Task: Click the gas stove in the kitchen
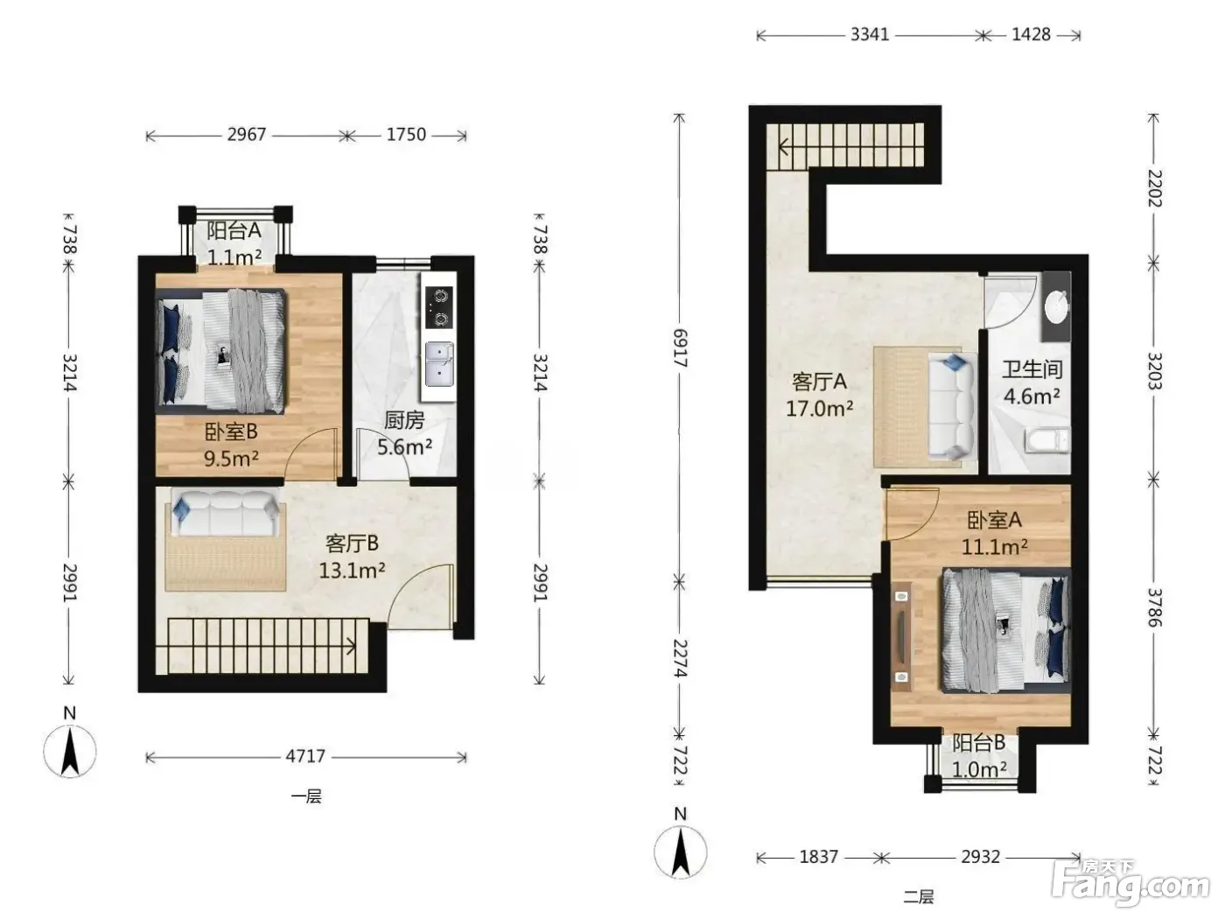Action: coord(438,307)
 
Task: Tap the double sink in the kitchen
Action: coord(439,365)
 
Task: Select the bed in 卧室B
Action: coord(221,352)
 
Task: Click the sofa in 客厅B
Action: coord(226,513)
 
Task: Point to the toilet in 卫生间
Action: coord(1046,440)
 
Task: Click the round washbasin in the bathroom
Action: coord(1056,306)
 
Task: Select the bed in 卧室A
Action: coord(1006,630)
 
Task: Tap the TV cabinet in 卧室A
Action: coord(901,636)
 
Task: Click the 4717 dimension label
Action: coord(304,756)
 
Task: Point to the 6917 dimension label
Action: coord(680,347)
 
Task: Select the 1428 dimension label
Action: coord(1031,35)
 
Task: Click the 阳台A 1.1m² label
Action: coord(234,244)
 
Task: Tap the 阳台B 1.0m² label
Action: coord(979,756)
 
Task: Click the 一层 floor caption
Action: coord(306,796)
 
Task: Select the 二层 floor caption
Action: coord(918,897)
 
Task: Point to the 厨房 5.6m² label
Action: coord(404,433)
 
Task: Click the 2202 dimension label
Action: coord(1154,188)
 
